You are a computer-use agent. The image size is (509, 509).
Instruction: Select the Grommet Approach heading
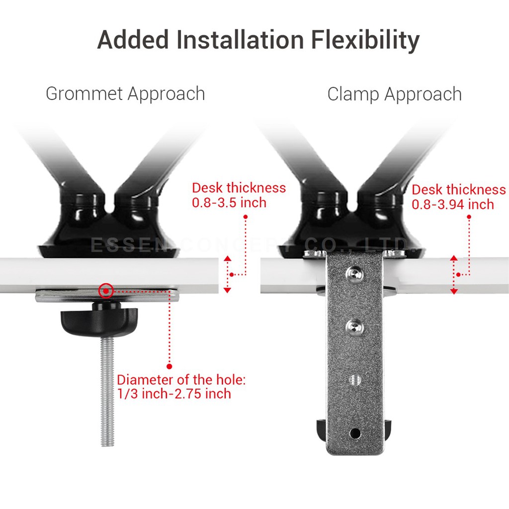125,93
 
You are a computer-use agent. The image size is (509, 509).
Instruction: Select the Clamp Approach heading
394,94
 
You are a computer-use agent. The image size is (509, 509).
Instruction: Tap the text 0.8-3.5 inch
229,203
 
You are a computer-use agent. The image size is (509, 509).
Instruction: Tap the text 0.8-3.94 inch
453,204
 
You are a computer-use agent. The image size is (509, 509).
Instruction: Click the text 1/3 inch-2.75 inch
174,394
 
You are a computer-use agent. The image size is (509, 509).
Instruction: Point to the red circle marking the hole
105,290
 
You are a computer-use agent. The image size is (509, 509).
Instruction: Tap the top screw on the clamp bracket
354,272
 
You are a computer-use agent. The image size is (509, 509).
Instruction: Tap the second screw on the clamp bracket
355,326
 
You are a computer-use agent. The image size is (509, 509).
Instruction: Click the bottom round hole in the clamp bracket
355,433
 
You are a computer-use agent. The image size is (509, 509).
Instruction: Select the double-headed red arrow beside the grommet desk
227,274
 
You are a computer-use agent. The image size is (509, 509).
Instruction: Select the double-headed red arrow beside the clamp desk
454,274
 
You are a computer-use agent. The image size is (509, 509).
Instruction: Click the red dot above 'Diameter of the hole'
169,366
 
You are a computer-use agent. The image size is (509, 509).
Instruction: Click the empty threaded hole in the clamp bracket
355,379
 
